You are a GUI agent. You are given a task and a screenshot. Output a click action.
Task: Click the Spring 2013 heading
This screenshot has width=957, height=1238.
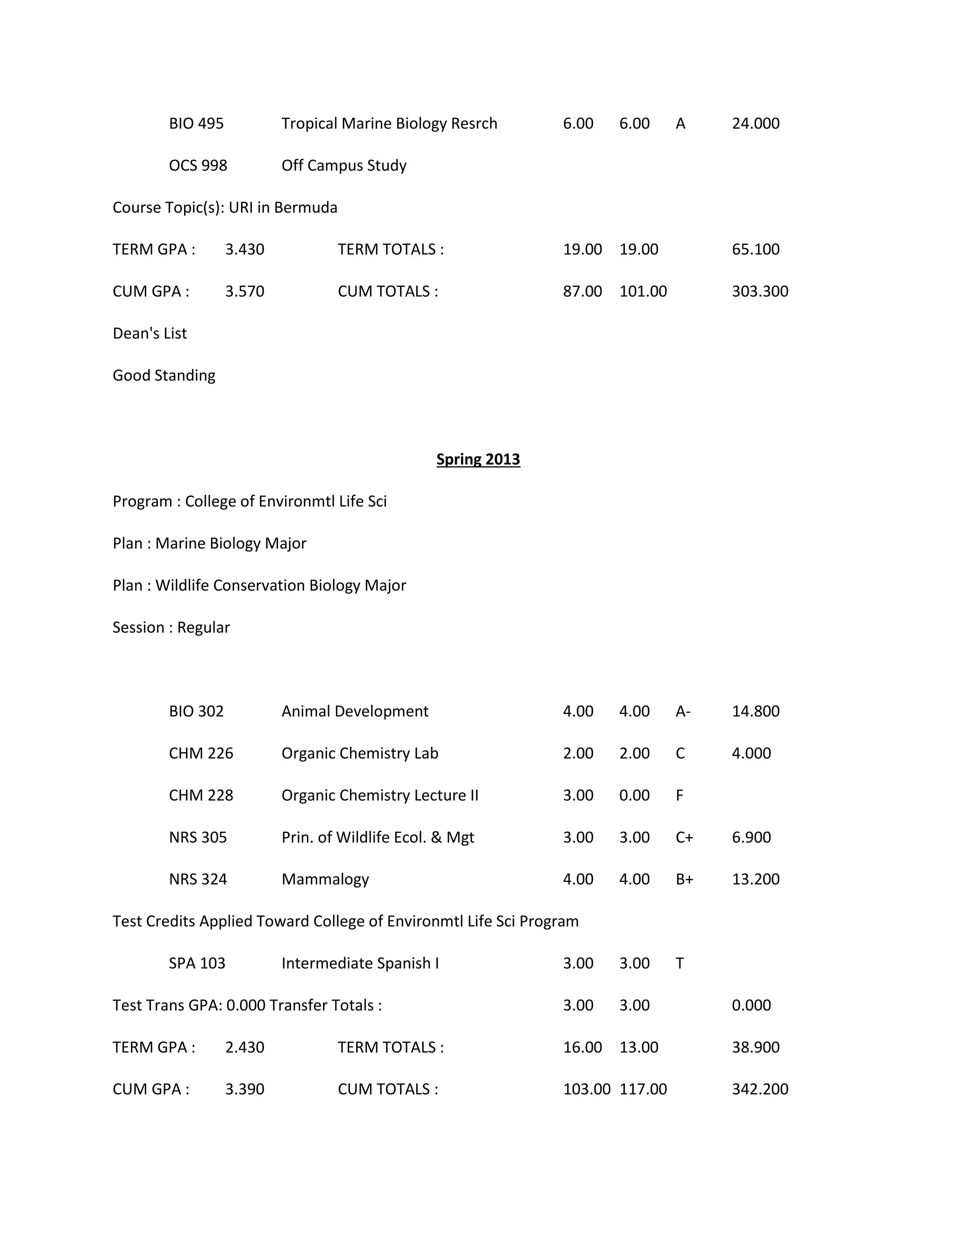[478, 459]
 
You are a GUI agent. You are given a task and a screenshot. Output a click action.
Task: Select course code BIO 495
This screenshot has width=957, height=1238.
[196, 124]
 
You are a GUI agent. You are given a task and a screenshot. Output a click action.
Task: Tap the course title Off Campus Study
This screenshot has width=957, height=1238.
[343, 165]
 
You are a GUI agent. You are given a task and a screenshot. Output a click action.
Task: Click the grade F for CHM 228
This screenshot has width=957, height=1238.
[679, 795]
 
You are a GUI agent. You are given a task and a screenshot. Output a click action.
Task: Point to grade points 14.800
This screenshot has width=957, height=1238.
[755, 711]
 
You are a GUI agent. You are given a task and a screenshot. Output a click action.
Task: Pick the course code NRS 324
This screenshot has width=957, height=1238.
[197, 879]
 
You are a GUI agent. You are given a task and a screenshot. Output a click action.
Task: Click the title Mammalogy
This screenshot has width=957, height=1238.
[325, 879]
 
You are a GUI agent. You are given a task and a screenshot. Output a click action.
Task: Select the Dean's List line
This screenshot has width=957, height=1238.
[150, 333]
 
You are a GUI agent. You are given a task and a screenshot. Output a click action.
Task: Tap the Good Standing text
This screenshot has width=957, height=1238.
[164, 375]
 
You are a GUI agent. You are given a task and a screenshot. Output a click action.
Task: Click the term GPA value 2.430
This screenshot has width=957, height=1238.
[244, 1047]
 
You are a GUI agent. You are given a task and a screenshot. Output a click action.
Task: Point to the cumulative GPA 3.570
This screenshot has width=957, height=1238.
[244, 292]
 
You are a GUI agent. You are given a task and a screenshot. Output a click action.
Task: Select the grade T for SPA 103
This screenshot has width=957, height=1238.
[679, 963]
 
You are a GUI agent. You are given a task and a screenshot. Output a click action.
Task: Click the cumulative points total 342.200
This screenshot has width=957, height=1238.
[760, 1089]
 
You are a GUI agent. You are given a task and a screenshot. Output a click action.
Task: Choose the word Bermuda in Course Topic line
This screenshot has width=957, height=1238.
[306, 207]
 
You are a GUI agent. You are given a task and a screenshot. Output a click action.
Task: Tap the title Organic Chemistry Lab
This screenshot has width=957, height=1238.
[359, 754]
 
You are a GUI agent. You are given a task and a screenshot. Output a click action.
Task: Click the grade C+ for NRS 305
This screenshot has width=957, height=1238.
[684, 837]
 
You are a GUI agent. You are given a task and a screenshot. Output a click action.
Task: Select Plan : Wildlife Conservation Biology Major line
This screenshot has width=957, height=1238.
[259, 585]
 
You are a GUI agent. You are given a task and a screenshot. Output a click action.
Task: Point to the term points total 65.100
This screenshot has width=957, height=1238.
[755, 249]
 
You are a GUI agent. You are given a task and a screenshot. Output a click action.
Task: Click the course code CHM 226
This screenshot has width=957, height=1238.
[200, 754]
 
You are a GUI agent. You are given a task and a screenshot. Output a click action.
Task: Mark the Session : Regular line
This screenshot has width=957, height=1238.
[171, 627]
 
